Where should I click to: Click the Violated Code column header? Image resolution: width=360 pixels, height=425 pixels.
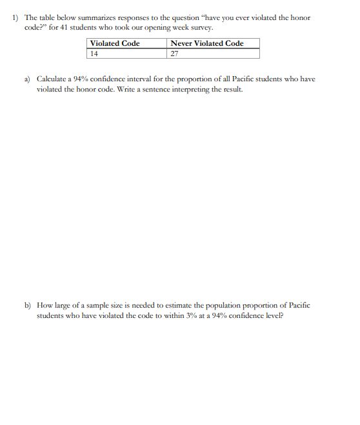(115, 43)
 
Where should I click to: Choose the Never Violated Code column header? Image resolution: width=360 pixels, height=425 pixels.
(207, 43)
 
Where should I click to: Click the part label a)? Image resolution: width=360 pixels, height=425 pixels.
(28, 79)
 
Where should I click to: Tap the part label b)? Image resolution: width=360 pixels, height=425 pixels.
(28, 305)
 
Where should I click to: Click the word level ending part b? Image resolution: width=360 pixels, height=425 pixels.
(274, 315)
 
